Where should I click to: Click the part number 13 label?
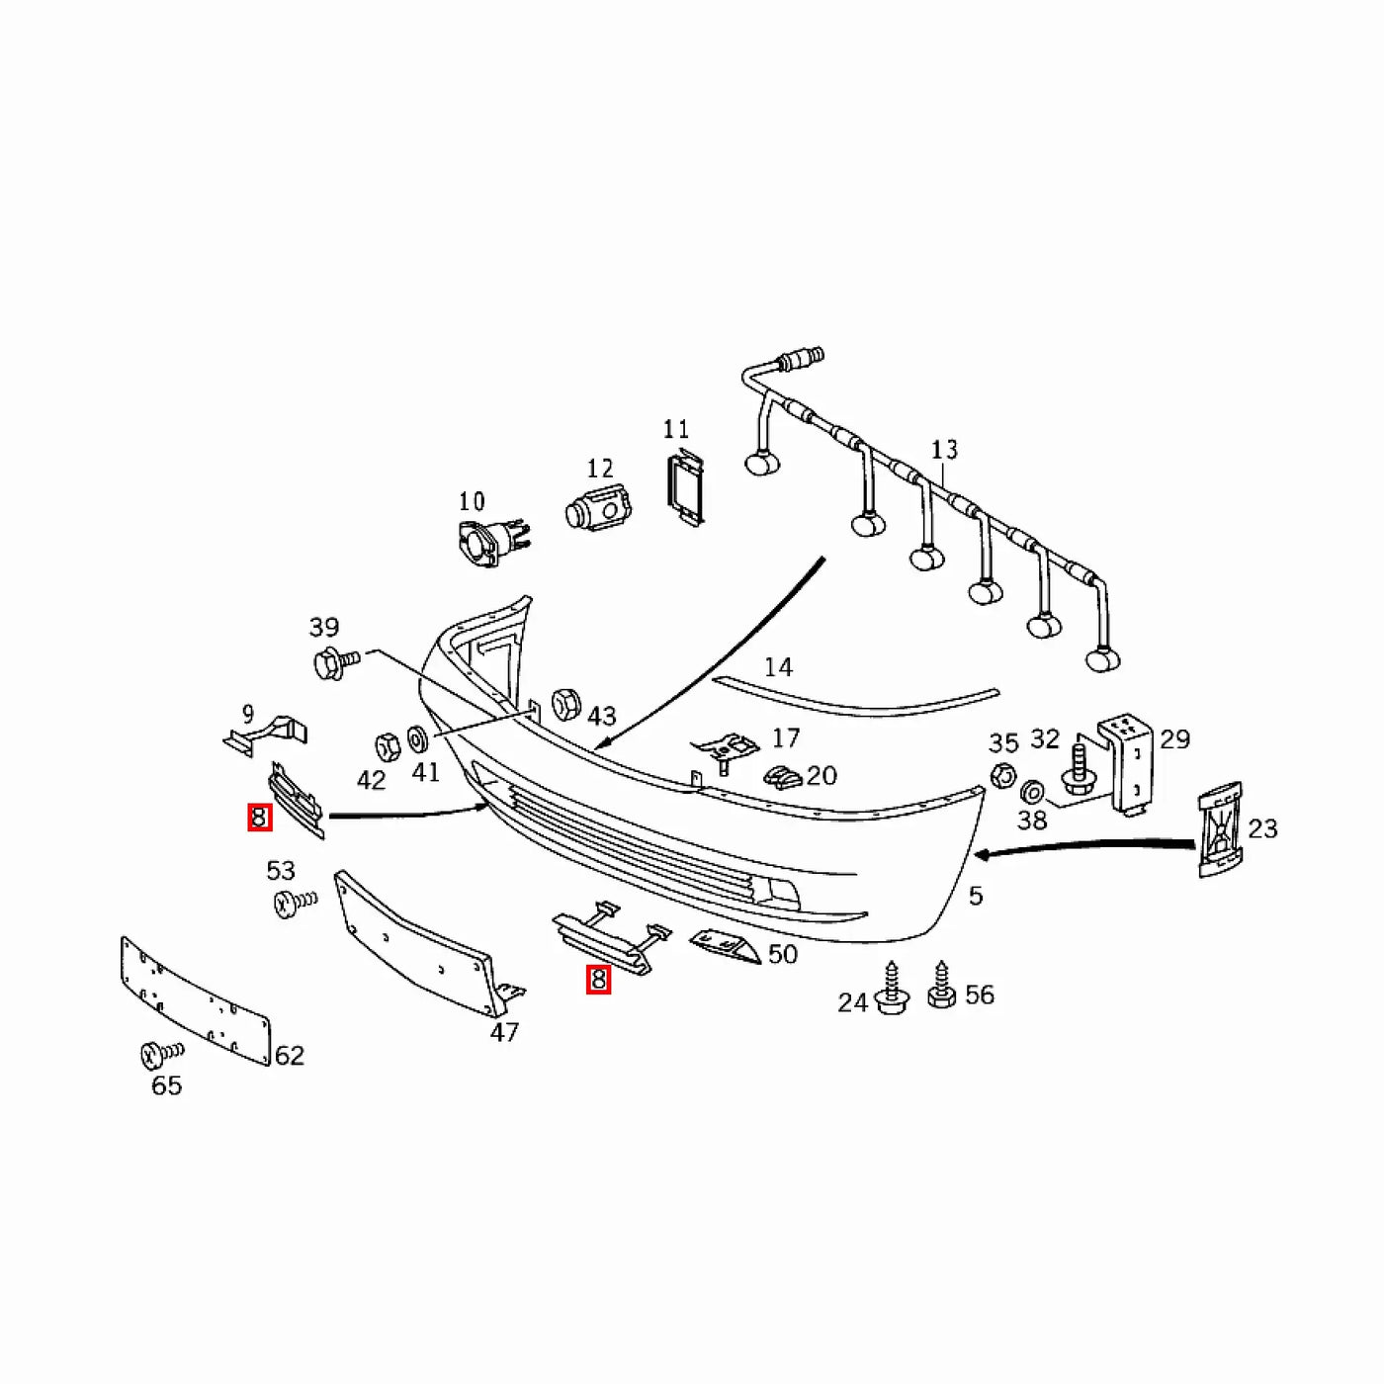coord(944,450)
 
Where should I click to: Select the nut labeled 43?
coord(565,704)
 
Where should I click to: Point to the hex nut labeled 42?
coord(388,747)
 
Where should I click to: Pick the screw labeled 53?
coord(295,903)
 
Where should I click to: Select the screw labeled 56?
coord(941,985)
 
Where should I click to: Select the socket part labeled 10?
coord(492,543)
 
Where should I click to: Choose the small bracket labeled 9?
coord(265,735)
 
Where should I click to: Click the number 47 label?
coord(504,1032)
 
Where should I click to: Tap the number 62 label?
coord(290,1055)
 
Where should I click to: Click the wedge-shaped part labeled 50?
coord(724,945)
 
